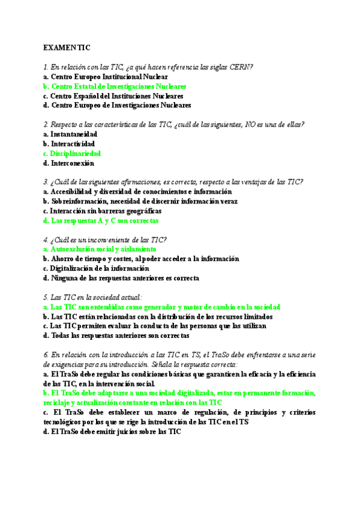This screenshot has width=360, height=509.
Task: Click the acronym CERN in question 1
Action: point(241,67)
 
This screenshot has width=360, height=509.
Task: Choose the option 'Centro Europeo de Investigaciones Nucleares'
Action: point(121,106)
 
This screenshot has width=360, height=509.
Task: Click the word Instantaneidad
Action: point(74,134)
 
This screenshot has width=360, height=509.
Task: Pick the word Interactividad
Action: point(73,144)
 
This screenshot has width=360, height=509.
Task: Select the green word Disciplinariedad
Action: point(75,154)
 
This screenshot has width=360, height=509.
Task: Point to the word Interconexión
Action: point(72,163)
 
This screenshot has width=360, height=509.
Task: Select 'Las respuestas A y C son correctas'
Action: point(104,221)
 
